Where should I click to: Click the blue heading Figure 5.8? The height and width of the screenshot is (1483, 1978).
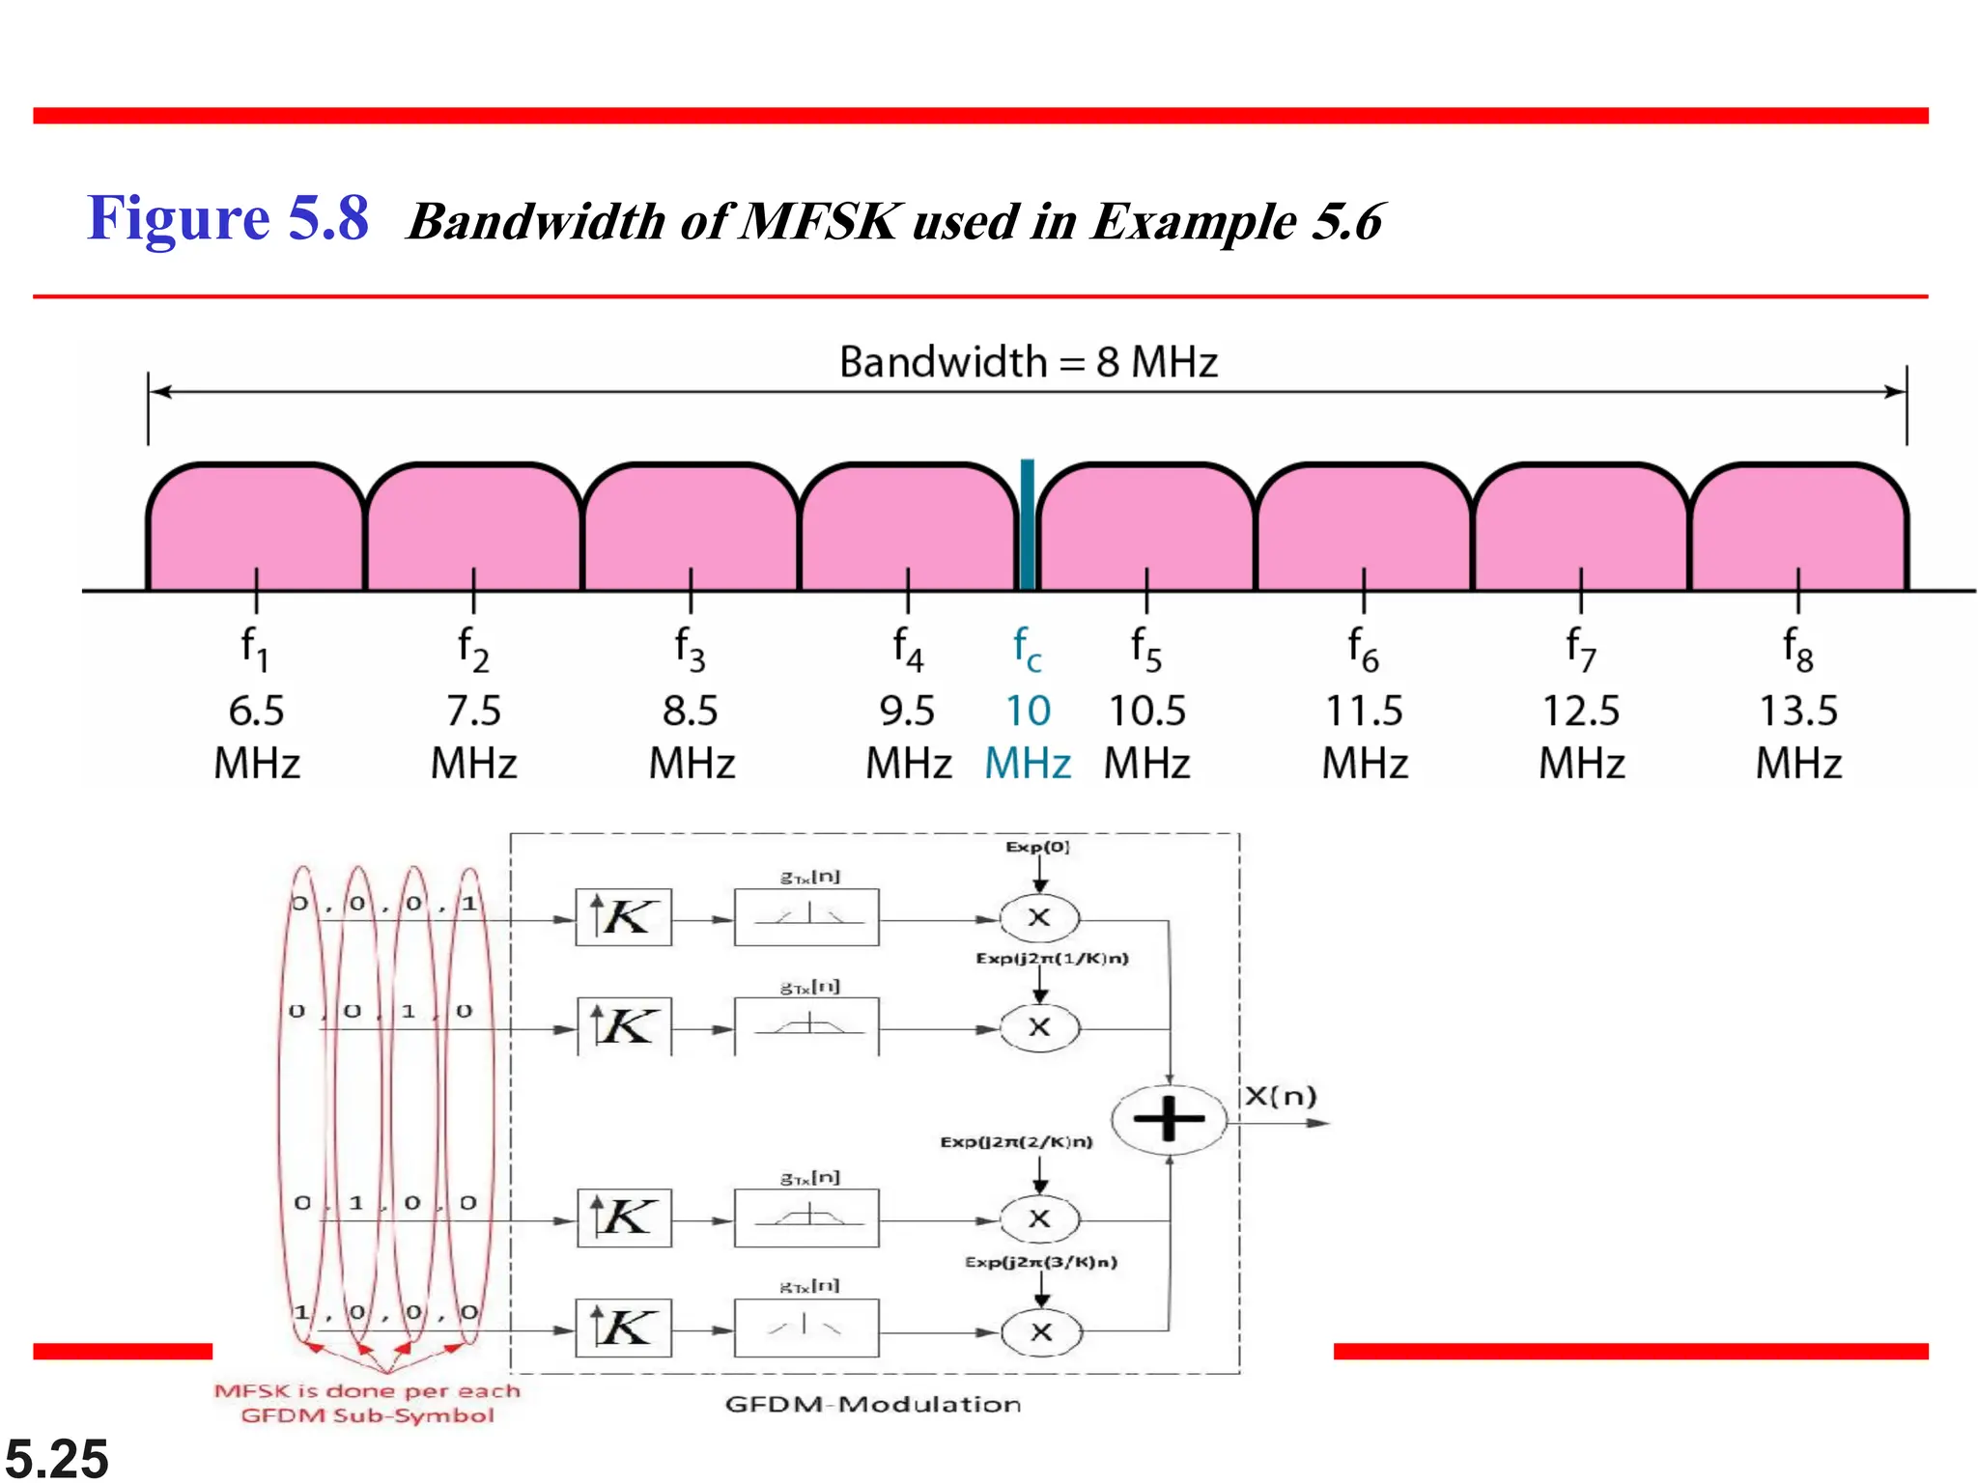click(228, 218)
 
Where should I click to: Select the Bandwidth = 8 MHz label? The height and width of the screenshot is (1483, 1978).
click(1028, 363)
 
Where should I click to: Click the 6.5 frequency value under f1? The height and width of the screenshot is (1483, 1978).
click(256, 712)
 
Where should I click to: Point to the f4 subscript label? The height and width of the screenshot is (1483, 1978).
click(908, 649)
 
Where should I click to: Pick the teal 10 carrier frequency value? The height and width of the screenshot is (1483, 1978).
click(1028, 712)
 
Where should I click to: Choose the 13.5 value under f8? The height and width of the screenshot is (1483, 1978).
click(1798, 712)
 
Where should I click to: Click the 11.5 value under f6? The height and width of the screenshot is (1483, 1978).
click(1364, 712)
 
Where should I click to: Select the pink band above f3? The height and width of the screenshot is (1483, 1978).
click(691, 526)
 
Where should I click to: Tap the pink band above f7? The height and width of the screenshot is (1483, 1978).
click(1581, 526)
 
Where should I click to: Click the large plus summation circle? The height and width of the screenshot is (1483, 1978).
click(1169, 1120)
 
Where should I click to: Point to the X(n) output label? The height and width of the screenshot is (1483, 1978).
click(1281, 1097)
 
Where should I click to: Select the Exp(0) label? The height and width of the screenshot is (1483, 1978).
click(1038, 847)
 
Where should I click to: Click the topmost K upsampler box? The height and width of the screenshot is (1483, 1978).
click(624, 917)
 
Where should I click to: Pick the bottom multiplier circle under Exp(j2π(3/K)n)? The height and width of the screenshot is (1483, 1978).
click(1041, 1332)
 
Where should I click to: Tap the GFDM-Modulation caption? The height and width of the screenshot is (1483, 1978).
click(873, 1405)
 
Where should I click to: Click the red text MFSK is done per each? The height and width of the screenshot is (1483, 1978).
click(367, 1391)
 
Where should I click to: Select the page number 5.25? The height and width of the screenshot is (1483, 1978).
click(57, 1458)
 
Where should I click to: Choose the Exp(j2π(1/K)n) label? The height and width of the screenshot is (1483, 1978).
click(1052, 959)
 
